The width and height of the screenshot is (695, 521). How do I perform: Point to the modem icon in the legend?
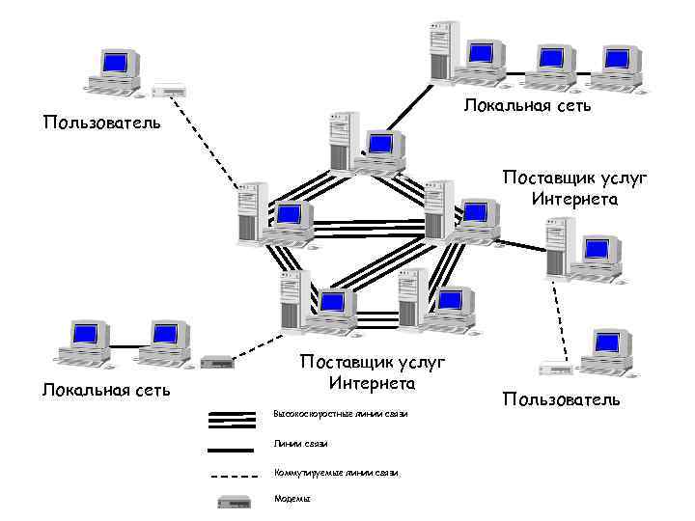coord(233,502)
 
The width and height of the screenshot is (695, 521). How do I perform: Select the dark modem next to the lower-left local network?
coord(217,363)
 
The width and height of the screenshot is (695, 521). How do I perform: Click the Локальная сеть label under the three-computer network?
coord(527,104)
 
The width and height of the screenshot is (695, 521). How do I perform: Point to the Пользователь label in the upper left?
coord(102,123)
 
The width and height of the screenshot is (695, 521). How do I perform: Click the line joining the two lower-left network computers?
coord(122,345)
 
